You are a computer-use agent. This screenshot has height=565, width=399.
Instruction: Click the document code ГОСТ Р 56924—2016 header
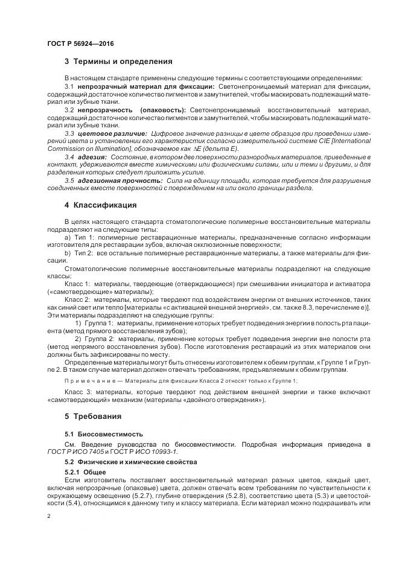[80, 43]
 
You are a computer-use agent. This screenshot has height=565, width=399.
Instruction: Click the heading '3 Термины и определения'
[118, 62]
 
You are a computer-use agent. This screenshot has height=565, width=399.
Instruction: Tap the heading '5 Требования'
[93, 417]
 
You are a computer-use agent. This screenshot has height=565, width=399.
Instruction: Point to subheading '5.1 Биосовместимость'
[104, 434]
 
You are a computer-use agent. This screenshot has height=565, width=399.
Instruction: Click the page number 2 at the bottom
[49, 517]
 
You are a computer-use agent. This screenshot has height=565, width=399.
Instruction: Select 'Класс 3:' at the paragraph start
[77, 392]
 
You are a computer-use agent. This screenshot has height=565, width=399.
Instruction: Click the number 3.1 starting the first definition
[69, 87]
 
